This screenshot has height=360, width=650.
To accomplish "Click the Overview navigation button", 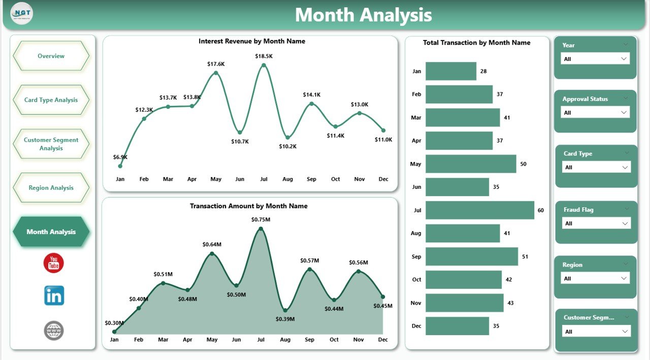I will click(x=51, y=56).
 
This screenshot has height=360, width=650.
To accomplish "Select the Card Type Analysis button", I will click(x=51, y=100).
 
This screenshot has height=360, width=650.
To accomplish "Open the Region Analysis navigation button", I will click(x=51, y=188).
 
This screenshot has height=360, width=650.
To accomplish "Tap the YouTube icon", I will click(x=53, y=263).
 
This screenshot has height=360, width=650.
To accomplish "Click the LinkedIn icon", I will click(x=54, y=296).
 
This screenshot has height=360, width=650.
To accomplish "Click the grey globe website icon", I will click(x=54, y=331).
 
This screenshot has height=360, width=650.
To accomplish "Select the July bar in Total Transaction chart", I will click(x=479, y=210).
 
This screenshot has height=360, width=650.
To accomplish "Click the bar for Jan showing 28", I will click(x=450, y=71).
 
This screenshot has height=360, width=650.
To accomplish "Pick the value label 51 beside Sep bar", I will click(x=525, y=257).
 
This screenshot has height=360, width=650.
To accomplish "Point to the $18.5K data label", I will click(x=264, y=56).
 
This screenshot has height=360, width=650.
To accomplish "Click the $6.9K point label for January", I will click(x=120, y=157).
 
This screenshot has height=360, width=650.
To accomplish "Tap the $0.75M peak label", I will click(x=261, y=219).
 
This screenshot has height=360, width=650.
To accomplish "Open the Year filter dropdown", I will click(x=595, y=59).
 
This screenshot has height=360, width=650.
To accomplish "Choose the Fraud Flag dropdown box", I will click(x=596, y=223).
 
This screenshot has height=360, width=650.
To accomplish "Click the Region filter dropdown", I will click(x=595, y=278).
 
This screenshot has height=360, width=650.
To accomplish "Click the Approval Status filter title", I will click(x=585, y=99).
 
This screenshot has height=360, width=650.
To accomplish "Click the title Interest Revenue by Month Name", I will click(x=252, y=41).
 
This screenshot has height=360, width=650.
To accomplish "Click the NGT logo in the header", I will click(x=22, y=14).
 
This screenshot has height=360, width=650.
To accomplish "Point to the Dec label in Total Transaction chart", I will click(x=416, y=326).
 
